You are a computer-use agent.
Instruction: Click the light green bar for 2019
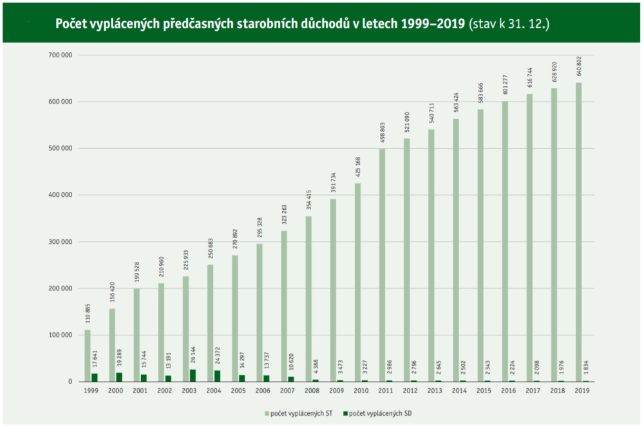[579, 232]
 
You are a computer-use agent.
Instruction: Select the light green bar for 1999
[88, 355]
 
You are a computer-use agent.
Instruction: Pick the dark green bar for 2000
[119, 377]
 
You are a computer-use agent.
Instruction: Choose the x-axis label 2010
[361, 391]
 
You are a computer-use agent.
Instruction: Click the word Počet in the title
[71, 24]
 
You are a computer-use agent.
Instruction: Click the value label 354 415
[308, 201]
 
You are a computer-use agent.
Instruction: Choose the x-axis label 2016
[509, 391]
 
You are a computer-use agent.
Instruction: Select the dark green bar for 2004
[218, 376]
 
